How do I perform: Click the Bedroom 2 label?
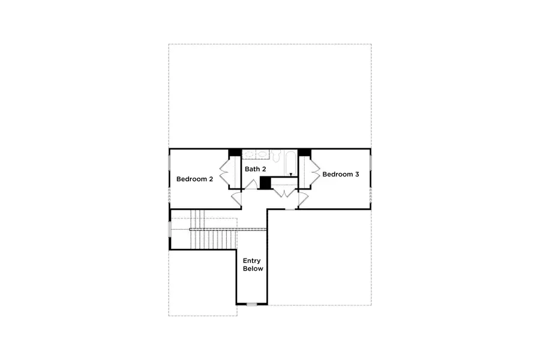coord(194,179)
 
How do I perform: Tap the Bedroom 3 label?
coord(341,175)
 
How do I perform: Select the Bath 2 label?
coord(255,169)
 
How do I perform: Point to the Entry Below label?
coord(253,265)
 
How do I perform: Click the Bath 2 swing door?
coord(251,184)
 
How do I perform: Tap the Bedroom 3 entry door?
coord(303,197)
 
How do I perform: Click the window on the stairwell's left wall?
coord(170,230)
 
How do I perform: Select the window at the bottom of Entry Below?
coord(252,304)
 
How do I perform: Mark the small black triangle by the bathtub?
coord(291,175)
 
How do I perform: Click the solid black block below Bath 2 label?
coord(265,183)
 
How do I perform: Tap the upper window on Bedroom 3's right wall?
coord(371,163)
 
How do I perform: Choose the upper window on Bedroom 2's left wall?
coord(169,163)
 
